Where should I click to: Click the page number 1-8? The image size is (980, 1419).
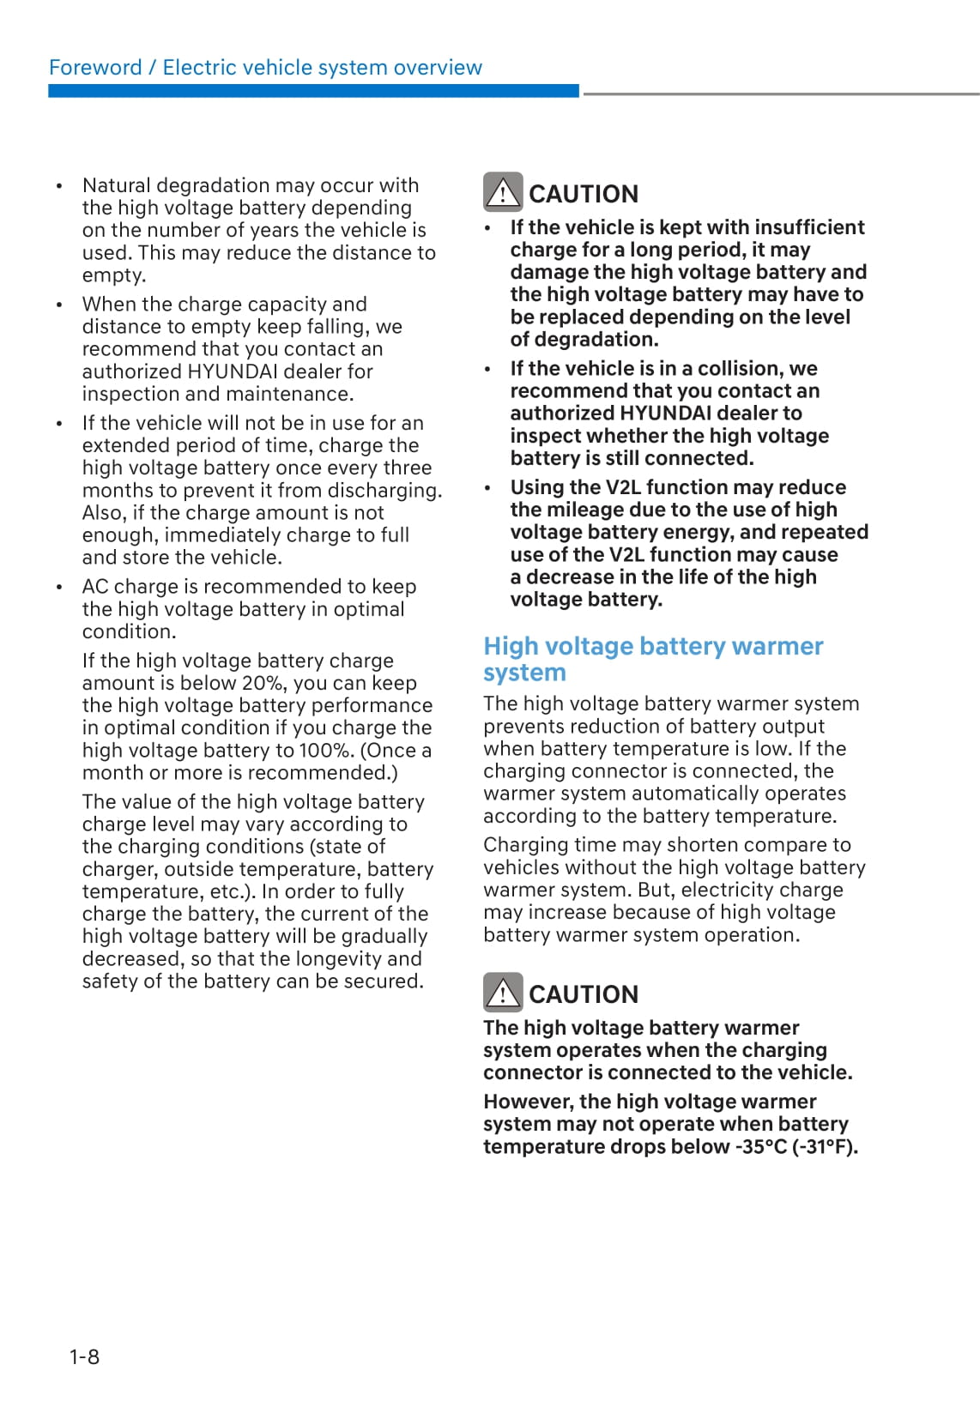point(84,1356)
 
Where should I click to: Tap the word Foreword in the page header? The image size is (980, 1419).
point(95,68)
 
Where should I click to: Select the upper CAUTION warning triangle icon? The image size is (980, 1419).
point(502,192)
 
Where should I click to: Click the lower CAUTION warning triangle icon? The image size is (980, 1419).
point(502,993)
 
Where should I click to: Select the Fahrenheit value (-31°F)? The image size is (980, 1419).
point(825,1146)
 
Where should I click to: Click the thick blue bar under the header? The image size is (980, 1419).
point(313,91)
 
